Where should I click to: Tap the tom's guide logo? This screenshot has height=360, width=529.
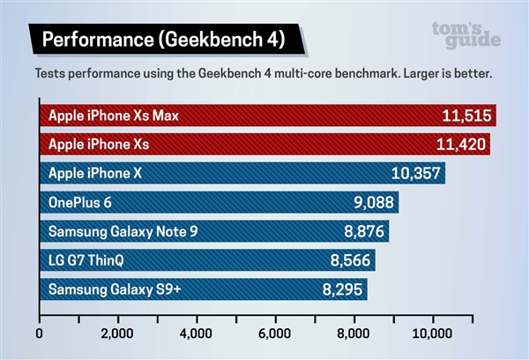point(466,34)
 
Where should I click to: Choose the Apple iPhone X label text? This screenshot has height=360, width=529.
point(95,174)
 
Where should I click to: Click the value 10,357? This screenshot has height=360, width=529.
point(414,174)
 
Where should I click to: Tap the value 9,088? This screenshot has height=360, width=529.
point(371,203)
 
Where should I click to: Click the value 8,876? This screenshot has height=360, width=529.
point(361,232)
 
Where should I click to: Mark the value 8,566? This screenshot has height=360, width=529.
point(349,261)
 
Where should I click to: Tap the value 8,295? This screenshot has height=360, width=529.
point(339,289)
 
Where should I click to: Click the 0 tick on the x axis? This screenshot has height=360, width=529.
point(40,334)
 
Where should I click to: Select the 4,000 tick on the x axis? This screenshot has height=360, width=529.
point(196,334)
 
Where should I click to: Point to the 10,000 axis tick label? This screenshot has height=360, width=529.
point(432,334)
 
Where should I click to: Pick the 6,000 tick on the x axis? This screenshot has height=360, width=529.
point(275,334)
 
